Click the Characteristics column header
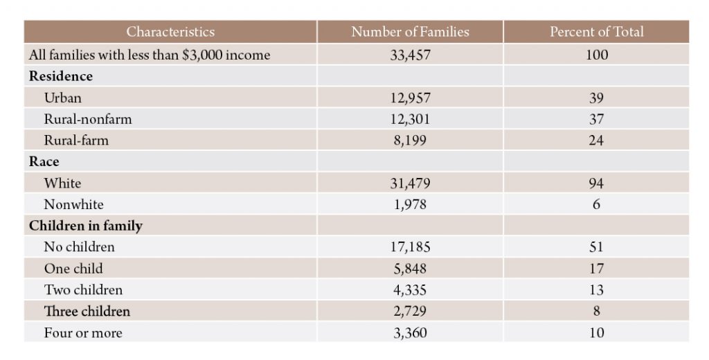[x=170, y=32]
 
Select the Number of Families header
[x=410, y=32]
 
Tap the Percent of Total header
[x=596, y=32]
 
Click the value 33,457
[x=410, y=55]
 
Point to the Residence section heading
[x=61, y=76]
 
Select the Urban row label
[x=62, y=98]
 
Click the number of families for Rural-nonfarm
[x=410, y=119]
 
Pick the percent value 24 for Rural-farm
[x=596, y=141]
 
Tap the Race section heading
[x=44, y=161]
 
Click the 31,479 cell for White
[x=410, y=183]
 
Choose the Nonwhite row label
[x=73, y=204]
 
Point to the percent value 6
[x=596, y=204]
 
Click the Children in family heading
[x=85, y=226]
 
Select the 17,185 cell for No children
[x=410, y=247]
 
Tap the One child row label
[x=73, y=269]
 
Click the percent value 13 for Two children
[x=596, y=290]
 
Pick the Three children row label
[x=87, y=311]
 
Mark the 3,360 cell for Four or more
[x=410, y=333]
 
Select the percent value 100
[x=596, y=55]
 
